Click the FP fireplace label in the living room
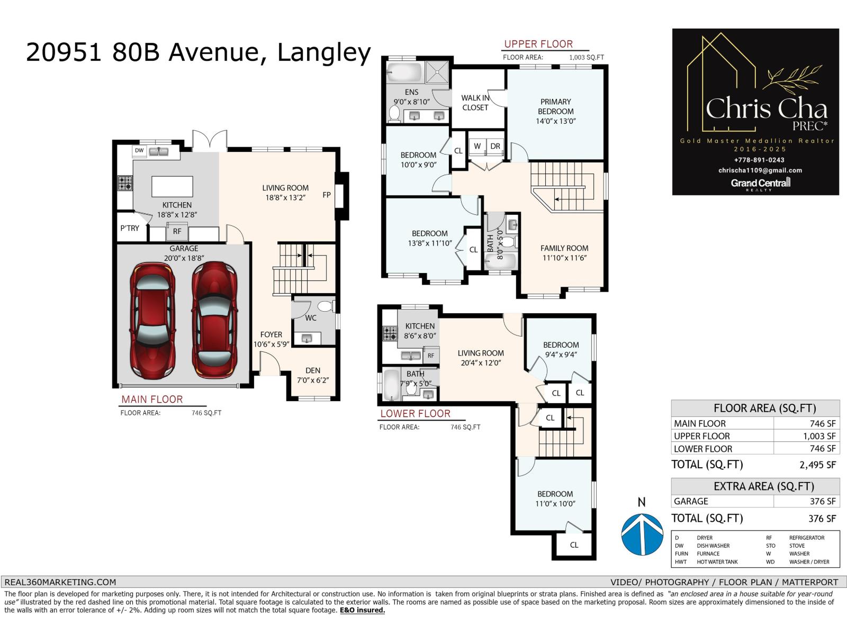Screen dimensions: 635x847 (327, 195)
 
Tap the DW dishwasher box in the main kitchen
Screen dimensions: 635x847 (139, 151)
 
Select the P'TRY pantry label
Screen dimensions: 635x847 (130, 229)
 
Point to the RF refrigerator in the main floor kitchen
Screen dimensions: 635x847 (177, 231)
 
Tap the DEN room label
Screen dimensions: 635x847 (313, 370)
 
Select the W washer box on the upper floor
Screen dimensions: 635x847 (477, 147)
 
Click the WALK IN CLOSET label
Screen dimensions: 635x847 (475, 102)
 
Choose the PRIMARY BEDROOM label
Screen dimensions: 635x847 (555, 106)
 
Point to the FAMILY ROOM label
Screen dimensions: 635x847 (564, 248)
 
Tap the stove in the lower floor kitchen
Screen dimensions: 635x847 (390, 333)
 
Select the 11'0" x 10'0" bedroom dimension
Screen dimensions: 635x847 (555, 504)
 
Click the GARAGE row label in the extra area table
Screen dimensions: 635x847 (691, 501)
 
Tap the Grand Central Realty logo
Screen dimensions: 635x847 (760, 183)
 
